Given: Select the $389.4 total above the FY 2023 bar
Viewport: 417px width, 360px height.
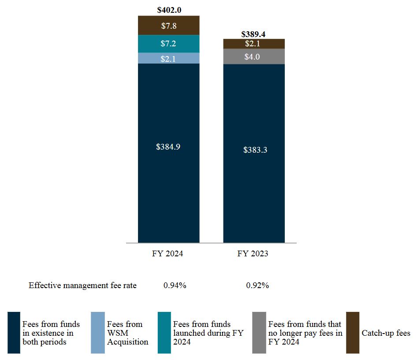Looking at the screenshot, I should pyautogui.click(x=253, y=34).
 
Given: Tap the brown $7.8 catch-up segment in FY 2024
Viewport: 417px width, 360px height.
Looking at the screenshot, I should pyautogui.click(x=168, y=26).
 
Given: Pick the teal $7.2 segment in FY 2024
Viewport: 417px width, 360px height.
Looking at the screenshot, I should pyautogui.click(x=168, y=44).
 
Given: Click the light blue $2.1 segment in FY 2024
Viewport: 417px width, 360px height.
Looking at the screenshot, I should pyautogui.click(x=168, y=58).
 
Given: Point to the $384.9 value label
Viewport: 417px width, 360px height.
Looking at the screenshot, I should pyautogui.click(x=168, y=147).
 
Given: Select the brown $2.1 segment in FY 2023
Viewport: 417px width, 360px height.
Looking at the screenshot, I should pyautogui.click(x=253, y=43).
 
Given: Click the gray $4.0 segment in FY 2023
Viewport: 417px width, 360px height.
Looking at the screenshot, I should pyautogui.click(x=253, y=56).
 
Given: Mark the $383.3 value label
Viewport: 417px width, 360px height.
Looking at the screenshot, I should pyautogui.click(x=255, y=150).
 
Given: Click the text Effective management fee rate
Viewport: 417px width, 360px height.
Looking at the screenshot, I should pyautogui.click(x=82, y=285).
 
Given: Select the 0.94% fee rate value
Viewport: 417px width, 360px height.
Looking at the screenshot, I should pyautogui.click(x=175, y=285).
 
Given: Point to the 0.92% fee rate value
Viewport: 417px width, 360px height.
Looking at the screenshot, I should pyautogui.click(x=257, y=285).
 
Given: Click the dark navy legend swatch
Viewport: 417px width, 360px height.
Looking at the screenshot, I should pyautogui.click(x=14, y=333).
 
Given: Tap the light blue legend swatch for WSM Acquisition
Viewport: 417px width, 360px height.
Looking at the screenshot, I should pyautogui.click(x=97, y=333).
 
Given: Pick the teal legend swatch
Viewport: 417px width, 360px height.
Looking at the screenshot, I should pyautogui.click(x=164, y=333).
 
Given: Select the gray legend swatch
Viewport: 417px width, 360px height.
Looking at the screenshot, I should pyautogui.click(x=259, y=333).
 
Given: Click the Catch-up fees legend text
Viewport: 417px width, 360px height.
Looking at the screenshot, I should pyautogui.click(x=386, y=333).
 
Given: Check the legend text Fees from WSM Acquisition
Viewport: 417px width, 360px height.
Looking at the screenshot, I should pyautogui.click(x=127, y=333).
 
